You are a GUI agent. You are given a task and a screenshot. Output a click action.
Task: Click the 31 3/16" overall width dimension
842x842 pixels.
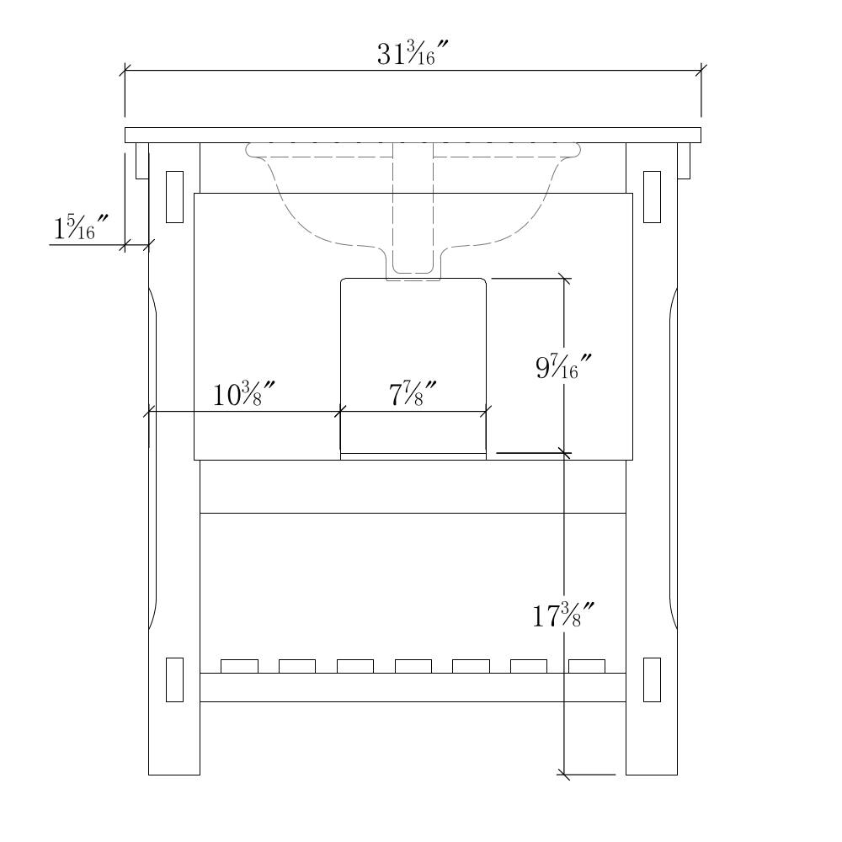click(x=413, y=54)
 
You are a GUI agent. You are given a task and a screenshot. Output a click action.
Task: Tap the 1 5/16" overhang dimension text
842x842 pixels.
click(x=81, y=226)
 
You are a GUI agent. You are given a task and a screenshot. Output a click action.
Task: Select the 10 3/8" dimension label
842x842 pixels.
click(x=244, y=394)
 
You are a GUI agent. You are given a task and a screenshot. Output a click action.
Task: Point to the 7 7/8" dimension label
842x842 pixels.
click(x=413, y=394)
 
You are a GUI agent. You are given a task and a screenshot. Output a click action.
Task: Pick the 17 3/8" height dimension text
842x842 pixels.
click(x=563, y=616)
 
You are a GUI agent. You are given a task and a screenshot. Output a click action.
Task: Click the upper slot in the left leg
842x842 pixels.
click(x=174, y=196)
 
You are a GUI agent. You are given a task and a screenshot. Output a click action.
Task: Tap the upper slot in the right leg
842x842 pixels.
click(x=652, y=196)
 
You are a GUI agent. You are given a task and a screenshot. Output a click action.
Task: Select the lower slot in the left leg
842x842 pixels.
click(x=174, y=679)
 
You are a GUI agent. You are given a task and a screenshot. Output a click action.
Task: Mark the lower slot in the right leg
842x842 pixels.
click(x=652, y=679)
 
